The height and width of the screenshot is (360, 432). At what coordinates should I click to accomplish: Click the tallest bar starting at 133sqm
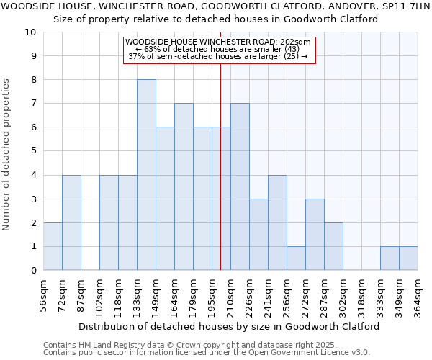(x=146, y=175)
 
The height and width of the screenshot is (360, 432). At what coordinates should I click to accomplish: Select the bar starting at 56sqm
(x=53, y=246)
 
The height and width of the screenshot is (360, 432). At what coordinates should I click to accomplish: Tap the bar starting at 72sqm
(x=71, y=222)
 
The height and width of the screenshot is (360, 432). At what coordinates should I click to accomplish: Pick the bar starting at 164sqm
(x=184, y=186)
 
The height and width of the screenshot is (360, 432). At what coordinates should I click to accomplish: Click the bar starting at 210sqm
(x=240, y=186)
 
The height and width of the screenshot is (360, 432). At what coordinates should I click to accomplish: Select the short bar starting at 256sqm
(x=296, y=258)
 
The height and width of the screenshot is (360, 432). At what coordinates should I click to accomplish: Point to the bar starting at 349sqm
(x=408, y=258)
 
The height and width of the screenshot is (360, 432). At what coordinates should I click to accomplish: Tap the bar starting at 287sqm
(x=333, y=246)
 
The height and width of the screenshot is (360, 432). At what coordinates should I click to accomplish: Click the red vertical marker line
(x=220, y=166)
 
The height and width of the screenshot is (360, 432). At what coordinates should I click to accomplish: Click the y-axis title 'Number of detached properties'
(x=7, y=156)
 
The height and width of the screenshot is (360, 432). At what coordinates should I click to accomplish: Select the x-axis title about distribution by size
(x=229, y=326)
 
